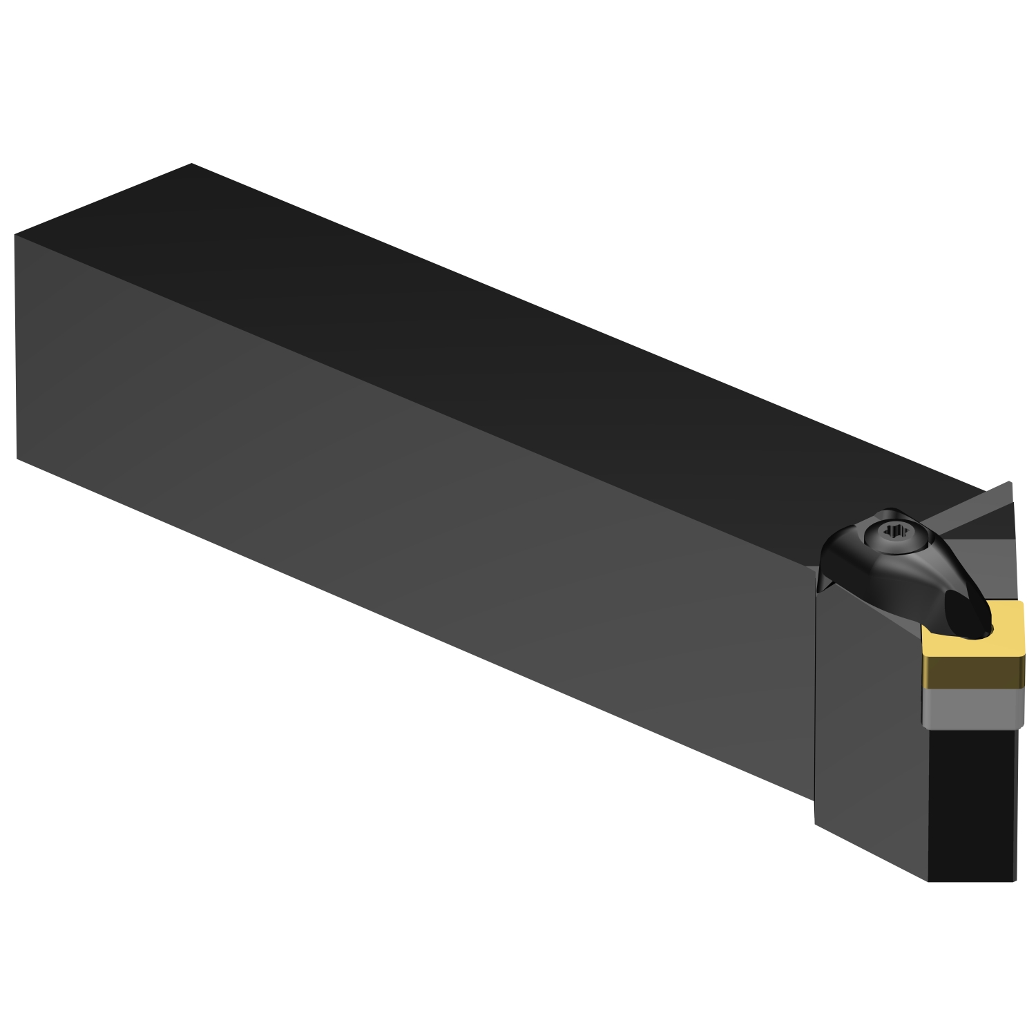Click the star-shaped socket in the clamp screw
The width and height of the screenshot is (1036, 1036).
click(895, 531)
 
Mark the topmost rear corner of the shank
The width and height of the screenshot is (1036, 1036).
click(191, 164)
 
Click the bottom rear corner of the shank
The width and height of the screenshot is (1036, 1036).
click(17, 458)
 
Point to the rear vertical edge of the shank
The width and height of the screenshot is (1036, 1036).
click(15, 345)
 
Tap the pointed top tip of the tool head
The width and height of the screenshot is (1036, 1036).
click(1009, 482)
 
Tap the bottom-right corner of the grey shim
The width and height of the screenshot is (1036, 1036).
click(1021, 725)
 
